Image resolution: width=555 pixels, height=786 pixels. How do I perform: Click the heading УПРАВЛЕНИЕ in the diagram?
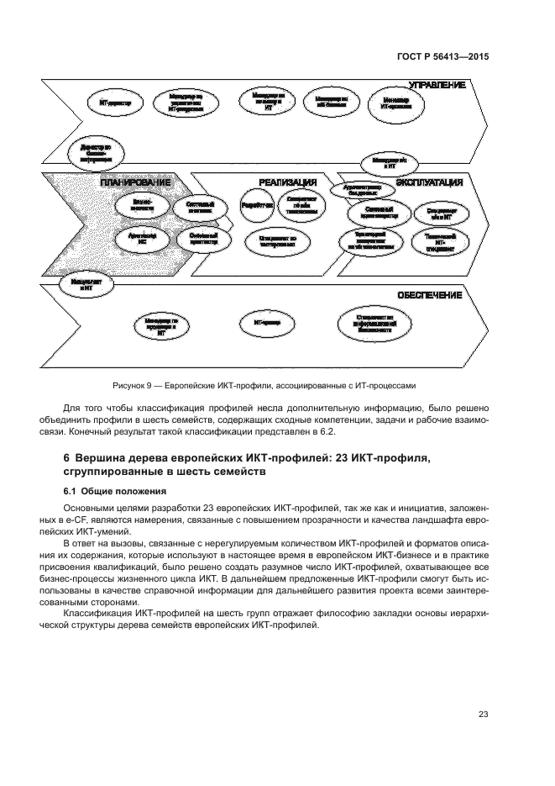436,85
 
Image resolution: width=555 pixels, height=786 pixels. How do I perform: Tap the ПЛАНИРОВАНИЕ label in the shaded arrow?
135,182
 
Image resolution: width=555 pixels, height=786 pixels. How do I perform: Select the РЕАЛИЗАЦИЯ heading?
286,182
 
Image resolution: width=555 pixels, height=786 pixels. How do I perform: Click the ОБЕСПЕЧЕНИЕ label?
429,295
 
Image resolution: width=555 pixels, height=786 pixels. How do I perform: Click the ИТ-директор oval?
114,103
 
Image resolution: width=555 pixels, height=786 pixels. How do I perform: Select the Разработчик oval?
257,204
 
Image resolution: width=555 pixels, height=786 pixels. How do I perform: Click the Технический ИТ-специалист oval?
441,242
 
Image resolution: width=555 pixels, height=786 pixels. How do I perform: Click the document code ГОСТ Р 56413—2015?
442,56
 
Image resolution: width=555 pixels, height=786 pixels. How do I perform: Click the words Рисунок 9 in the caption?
133,386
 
